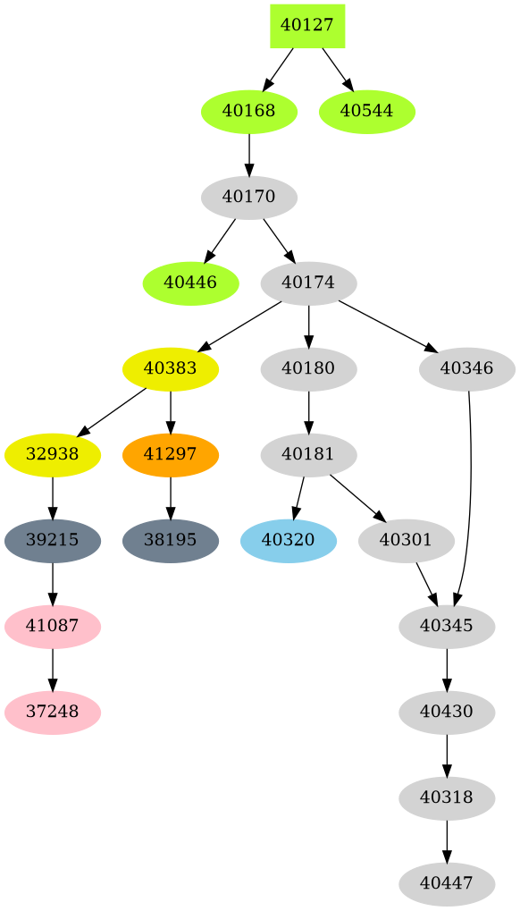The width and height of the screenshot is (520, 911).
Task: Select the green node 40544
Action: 367,112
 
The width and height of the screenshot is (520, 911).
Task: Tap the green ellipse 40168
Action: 248,112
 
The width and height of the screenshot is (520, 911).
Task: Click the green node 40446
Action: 190,283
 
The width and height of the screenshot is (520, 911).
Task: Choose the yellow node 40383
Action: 171,369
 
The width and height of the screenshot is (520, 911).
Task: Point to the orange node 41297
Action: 171,455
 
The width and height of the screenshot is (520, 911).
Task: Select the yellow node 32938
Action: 53,455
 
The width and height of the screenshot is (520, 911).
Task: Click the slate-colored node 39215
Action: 53,541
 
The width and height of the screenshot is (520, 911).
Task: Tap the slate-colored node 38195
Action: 171,541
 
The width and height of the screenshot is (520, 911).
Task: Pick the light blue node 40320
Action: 288,541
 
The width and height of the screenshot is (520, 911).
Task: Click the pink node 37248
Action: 53,713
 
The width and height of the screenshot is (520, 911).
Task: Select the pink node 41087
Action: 53,627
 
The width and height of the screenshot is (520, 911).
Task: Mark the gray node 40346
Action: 466,369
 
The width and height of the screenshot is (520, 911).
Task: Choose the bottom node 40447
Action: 447,884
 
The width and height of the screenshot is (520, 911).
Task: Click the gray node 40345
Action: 447,627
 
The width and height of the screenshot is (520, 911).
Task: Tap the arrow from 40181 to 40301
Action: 356,497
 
